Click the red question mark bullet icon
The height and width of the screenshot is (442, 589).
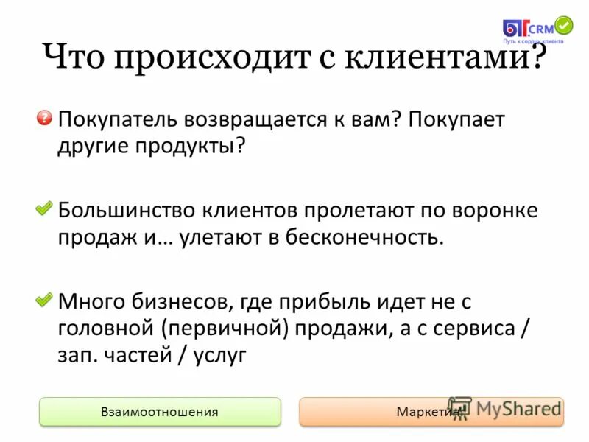(45, 118)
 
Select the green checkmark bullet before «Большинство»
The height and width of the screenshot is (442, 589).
(45, 209)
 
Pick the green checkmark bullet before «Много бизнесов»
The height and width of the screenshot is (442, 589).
(45, 300)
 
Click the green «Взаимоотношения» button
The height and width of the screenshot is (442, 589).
(160, 412)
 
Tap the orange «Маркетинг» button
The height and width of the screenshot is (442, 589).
(431, 412)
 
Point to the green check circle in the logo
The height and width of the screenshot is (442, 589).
(563, 26)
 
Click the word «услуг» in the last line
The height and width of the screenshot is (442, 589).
(219, 354)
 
